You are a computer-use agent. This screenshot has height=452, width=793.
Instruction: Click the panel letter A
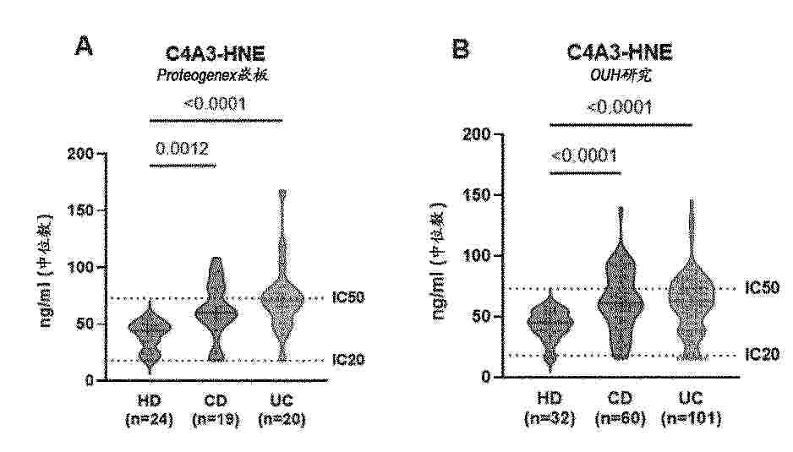84,46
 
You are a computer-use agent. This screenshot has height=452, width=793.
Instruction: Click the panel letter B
461,48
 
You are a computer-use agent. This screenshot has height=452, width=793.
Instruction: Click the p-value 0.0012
182,148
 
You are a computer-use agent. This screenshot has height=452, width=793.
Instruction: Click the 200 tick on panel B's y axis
479,134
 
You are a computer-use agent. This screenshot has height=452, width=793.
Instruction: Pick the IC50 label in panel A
347,298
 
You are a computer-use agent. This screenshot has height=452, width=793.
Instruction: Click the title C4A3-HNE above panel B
619,52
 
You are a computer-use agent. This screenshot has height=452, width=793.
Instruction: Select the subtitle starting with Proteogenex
217,75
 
